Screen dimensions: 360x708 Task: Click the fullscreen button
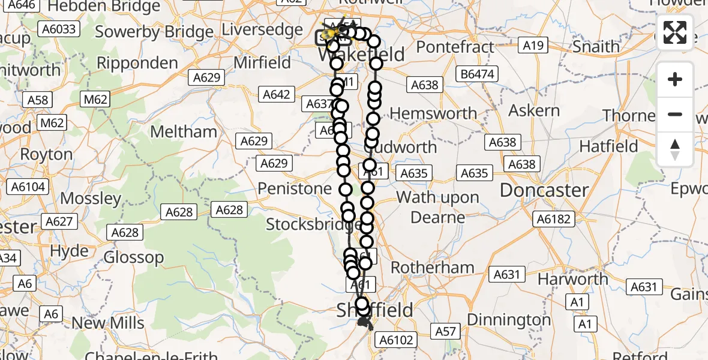coord(675,32)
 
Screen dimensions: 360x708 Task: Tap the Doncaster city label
coord(544,191)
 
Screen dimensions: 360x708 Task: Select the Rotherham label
coord(432,268)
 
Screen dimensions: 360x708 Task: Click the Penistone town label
coord(295,189)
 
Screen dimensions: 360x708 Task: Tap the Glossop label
coord(134,257)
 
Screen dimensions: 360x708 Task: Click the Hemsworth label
coord(433,113)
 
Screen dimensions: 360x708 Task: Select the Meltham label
coord(184,131)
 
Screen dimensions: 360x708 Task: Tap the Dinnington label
coord(509,320)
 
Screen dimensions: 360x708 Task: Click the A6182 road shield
coord(553,219)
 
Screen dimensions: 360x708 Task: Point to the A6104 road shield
coord(28,187)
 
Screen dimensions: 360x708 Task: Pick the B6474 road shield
coord(478,74)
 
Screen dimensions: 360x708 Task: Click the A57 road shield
coord(446,331)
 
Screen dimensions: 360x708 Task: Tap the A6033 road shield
coord(58,29)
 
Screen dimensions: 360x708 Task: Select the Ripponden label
coord(137,64)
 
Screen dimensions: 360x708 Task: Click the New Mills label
coord(108,323)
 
